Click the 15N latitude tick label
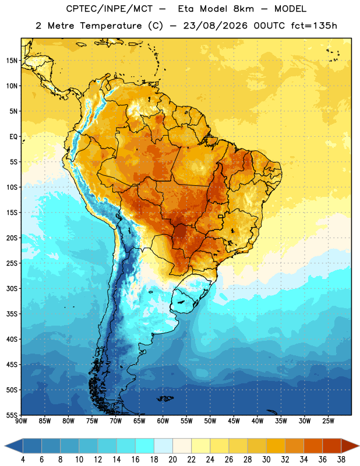coord(12,61)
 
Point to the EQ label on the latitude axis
coord(13,137)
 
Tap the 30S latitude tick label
coord(12,288)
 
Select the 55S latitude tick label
coord(12,415)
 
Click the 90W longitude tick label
coord(21,421)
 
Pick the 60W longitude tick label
coord(163,421)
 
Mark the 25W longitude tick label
coord(328,421)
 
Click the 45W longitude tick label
coord(234,421)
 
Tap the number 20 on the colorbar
coord(172,460)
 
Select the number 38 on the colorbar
coord(341,460)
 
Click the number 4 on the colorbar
coord(23,460)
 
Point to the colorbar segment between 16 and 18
coord(144,446)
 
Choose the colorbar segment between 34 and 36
coord(313,446)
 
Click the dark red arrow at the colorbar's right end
coord(350,446)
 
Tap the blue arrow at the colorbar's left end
coord(14,446)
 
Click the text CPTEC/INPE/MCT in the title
coord(109,9)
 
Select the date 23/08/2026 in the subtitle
coord(215,26)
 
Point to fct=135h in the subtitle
coord(314,26)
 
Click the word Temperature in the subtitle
coord(111,26)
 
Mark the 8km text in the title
coord(243,9)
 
